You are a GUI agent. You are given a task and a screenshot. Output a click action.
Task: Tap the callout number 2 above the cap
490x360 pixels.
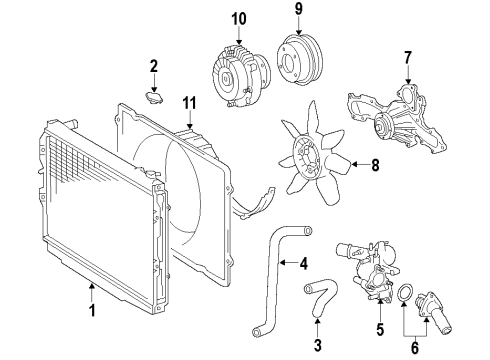(153, 67)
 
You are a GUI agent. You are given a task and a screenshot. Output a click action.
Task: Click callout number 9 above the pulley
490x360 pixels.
(296, 15)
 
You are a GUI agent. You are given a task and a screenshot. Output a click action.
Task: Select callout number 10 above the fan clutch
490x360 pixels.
(238, 19)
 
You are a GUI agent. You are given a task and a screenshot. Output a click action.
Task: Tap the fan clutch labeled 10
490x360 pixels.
(236, 69)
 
